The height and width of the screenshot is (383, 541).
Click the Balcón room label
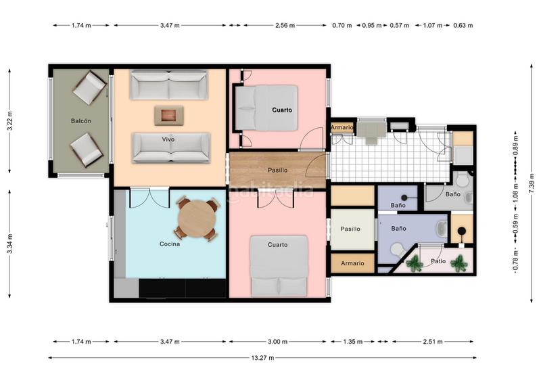point(81,121)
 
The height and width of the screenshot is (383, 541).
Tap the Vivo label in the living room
point(168,139)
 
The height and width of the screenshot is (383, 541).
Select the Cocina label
point(170,244)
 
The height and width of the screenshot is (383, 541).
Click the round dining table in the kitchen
point(197,219)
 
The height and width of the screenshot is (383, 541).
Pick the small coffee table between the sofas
point(168,115)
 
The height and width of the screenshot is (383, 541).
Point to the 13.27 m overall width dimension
point(262,358)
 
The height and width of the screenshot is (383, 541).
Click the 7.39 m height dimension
point(532,182)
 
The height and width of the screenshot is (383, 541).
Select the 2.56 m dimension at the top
point(285,25)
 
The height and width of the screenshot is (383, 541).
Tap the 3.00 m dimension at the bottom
point(277,342)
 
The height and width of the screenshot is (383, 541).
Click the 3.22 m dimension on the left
point(10,120)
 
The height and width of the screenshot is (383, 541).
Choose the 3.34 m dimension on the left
point(10,244)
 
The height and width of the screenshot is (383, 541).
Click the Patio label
point(438,261)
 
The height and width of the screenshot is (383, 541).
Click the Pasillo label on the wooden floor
point(278,170)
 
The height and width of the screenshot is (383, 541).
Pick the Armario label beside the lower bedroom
point(352,263)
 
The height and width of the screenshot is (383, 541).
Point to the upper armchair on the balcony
point(89,88)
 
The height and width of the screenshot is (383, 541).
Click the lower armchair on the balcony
point(87,150)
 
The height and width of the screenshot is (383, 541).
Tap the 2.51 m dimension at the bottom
point(433,342)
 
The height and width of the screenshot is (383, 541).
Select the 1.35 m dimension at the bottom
point(352,342)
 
